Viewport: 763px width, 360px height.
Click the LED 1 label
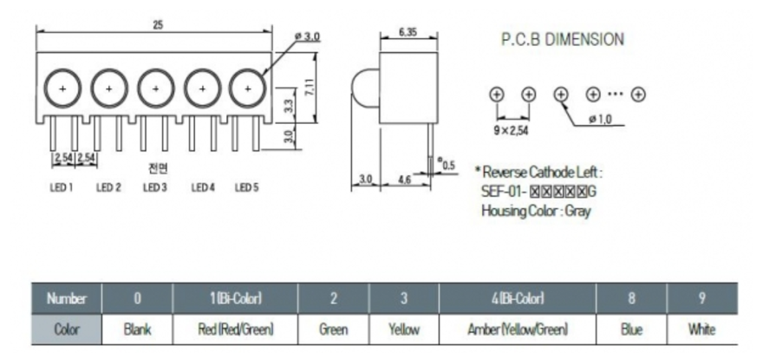pos(60,187)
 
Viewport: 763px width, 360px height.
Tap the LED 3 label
pos(154,187)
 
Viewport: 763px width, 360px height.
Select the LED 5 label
pos(247,187)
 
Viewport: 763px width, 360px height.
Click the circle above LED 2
pos(109,88)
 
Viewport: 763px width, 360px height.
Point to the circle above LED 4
pos(202,88)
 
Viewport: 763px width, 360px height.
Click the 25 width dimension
pos(157,25)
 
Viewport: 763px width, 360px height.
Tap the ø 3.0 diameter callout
pos(307,36)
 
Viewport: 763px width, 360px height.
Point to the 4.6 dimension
pos(403,179)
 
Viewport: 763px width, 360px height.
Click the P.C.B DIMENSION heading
pos(562,39)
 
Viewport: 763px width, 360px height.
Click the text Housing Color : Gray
pos(535,211)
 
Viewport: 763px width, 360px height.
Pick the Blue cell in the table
pos(631,329)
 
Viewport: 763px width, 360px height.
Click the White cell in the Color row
pos(701,329)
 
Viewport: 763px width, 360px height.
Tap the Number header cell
pos(66,299)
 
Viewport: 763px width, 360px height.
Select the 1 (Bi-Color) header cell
pos(235,299)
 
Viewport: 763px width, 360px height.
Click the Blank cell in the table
pos(137,329)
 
